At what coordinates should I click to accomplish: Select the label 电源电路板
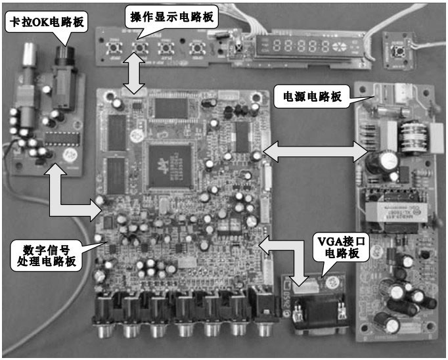(x=312, y=97)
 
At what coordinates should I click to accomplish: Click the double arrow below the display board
(x=135, y=72)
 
